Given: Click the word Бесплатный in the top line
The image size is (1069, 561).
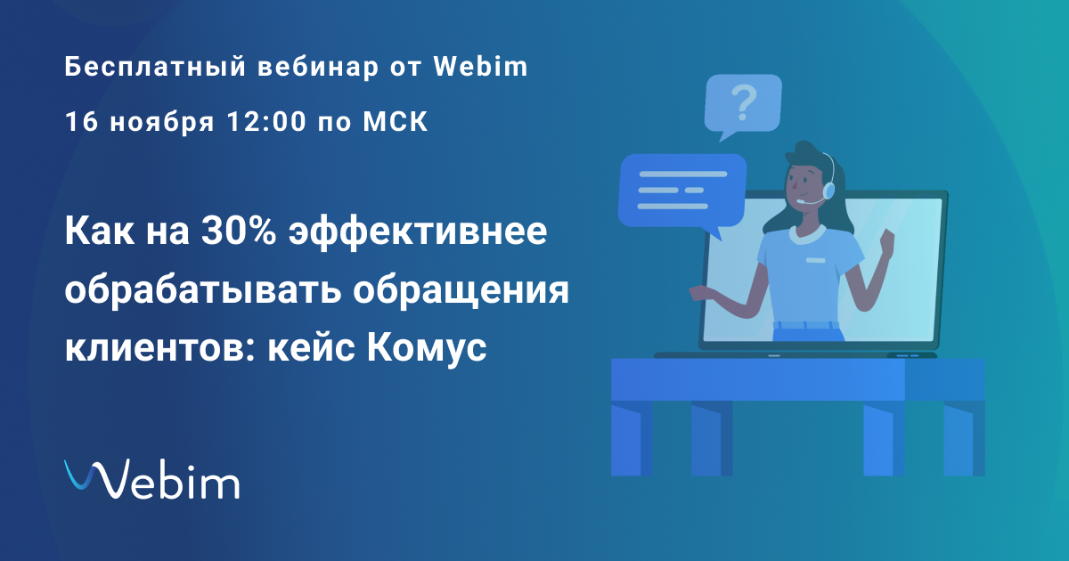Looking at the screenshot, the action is pos(155,67).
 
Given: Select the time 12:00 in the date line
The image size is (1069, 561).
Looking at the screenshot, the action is pos(266,121).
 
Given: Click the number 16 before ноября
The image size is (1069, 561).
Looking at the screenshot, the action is pos(82,121).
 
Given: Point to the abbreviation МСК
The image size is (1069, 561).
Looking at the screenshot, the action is pos(396,121).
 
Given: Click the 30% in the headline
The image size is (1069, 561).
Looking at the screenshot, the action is pos(239,231).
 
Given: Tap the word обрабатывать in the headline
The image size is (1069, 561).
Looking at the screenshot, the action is pos(203,290).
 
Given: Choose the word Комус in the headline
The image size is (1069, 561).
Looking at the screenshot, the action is pos(427,349).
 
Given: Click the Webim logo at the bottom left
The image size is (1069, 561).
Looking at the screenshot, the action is pos(151,479).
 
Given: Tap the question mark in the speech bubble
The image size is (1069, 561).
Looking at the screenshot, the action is pos(744,102).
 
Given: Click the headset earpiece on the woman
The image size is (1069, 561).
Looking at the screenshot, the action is pos(829,190).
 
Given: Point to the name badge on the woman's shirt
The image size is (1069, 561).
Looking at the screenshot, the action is pos(816,260).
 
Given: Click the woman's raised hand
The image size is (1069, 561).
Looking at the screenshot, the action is pos(886,243).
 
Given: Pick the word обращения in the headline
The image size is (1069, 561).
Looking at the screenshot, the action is pos(461,290).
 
